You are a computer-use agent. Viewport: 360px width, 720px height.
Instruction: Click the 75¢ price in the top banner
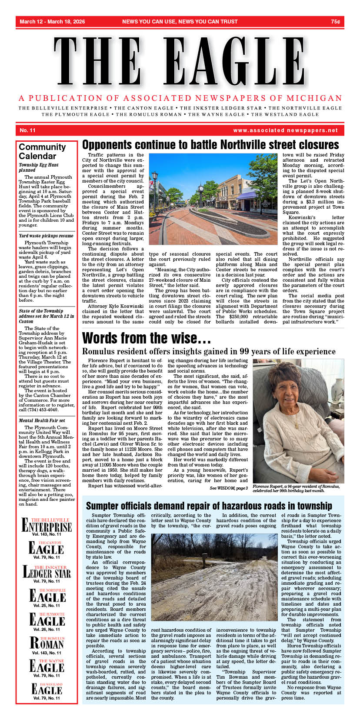point(335,21)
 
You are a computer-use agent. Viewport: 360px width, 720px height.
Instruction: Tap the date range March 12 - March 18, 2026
point(52,21)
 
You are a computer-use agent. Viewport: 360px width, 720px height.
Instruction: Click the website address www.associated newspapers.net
point(285,130)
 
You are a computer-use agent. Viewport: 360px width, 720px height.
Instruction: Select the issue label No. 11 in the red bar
point(27,130)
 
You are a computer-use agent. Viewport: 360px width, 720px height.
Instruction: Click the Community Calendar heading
point(42,151)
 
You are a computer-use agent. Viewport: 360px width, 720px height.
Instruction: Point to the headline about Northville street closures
point(210,145)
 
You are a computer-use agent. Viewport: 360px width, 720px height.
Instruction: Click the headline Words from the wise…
point(147,338)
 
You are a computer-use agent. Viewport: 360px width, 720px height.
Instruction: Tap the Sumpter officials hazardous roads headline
point(209,506)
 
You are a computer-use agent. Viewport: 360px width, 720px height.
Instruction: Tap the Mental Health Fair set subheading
point(42,420)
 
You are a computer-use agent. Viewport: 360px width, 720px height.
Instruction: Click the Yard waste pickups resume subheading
point(46,236)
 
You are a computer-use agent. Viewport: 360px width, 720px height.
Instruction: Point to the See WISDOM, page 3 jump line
point(229,488)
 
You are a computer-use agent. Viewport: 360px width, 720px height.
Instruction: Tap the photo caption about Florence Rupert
point(295,488)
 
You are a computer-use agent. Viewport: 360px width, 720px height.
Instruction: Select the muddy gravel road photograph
point(214,577)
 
